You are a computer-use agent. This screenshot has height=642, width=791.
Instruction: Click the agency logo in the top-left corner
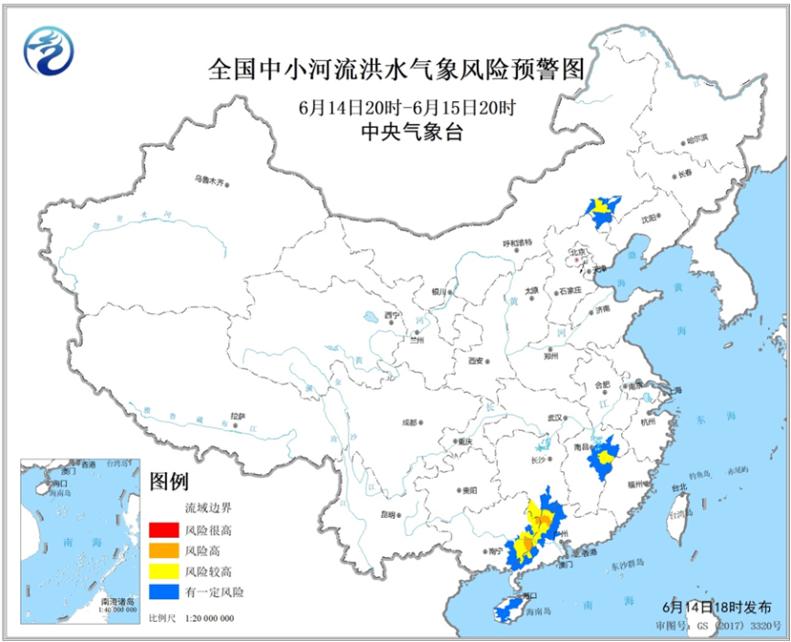(48, 50)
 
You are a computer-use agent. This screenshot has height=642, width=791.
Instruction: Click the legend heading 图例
(169, 481)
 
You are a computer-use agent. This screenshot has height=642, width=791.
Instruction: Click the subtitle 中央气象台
(395, 134)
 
